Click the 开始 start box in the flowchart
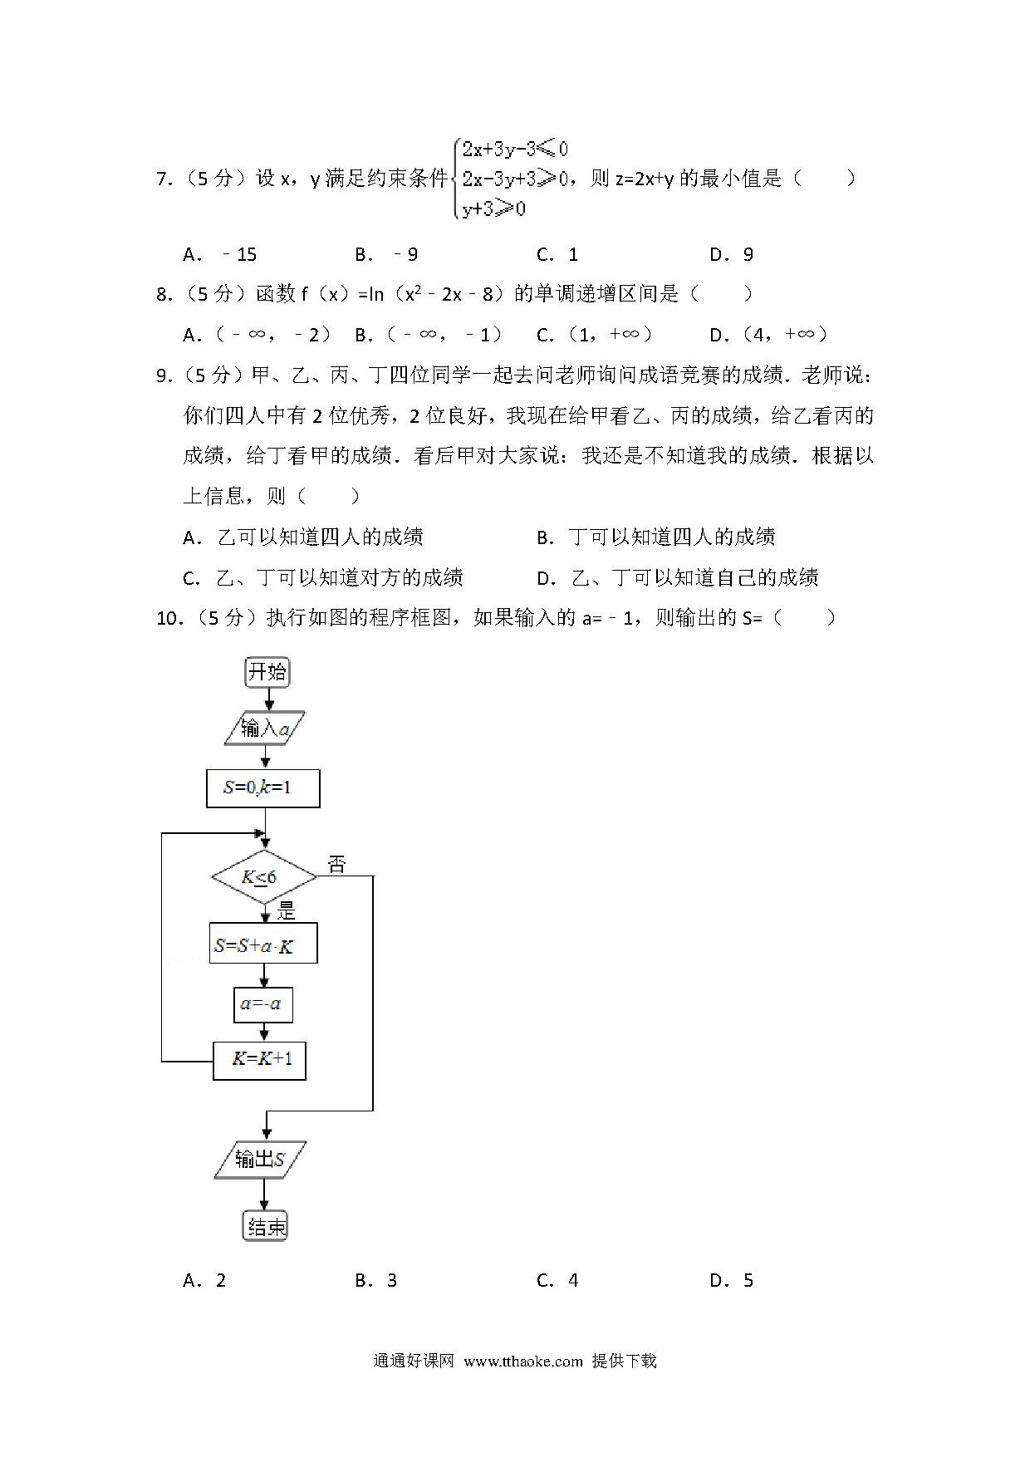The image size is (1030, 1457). click(x=267, y=671)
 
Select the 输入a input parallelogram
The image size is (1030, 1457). click(x=265, y=728)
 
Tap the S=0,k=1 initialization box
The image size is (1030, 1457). click(x=262, y=787)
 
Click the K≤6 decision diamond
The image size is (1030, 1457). click(x=264, y=877)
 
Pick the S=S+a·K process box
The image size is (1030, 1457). click(x=262, y=944)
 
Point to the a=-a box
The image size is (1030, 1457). click(x=262, y=1003)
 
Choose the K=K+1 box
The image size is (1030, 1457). click(x=259, y=1060)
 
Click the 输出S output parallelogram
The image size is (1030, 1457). click(x=261, y=1160)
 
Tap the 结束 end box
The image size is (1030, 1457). click(x=266, y=1226)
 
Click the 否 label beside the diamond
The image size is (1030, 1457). click(x=336, y=865)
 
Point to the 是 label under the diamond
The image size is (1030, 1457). click(x=287, y=911)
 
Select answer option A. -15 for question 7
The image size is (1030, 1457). click(x=220, y=254)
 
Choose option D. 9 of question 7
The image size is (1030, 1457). click(x=732, y=254)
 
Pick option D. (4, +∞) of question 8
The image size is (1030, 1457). click(x=769, y=335)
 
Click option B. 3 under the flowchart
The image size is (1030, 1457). click(x=376, y=1280)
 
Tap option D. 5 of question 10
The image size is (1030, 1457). click(x=732, y=1280)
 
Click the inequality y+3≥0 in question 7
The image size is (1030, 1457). click(x=494, y=208)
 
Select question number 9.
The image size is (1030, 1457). click(x=164, y=375)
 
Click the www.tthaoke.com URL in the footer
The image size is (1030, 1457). click(x=523, y=1361)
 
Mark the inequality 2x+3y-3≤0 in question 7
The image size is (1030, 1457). click(x=515, y=150)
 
